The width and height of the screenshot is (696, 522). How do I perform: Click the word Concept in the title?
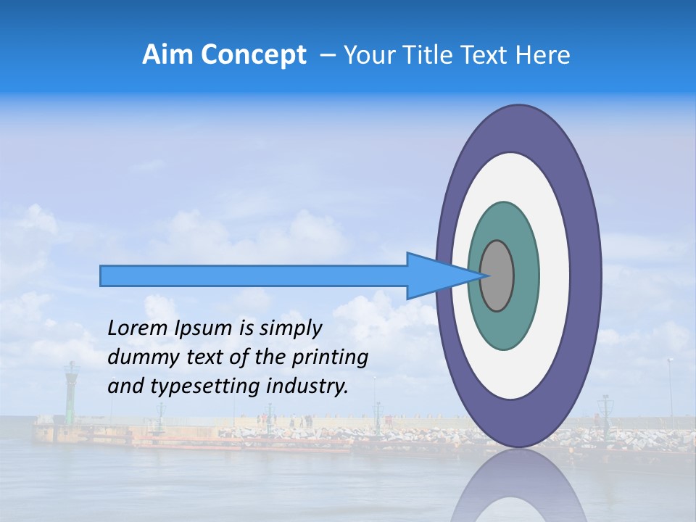coord(253,55)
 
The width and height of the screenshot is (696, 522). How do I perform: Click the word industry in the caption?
coord(305,386)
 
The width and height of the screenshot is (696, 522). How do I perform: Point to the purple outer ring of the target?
coord(586,275)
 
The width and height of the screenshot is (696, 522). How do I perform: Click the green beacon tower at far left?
coord(71,391)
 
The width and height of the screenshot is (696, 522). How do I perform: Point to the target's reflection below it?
coord(519,489)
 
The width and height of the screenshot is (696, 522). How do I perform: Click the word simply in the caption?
coord(290,328)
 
